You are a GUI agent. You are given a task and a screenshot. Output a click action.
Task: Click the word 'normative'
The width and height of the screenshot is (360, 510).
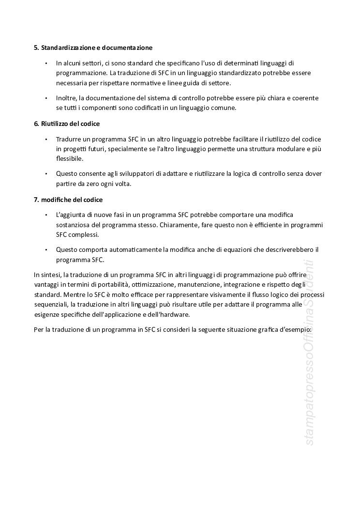click(x=146, y=83)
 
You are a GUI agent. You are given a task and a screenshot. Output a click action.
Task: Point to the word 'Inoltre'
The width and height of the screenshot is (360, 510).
click(x=66, y=98)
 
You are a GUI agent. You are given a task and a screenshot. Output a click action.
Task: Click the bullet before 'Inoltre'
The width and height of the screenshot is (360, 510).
click(x=46, y=98)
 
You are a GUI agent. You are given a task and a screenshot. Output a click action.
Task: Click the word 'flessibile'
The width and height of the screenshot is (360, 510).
click(x=70, y=159)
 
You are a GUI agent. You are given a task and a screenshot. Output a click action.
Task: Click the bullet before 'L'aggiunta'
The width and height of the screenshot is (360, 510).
click(x=46, y=215)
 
